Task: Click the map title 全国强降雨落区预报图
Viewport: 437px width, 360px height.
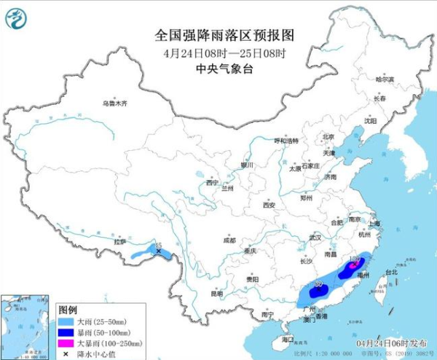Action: tap(224, 35)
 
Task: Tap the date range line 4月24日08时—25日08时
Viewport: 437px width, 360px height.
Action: tap(224, 52)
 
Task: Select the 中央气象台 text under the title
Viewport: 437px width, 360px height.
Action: tap(224, 69)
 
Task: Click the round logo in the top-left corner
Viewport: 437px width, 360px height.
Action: tap(16, 16)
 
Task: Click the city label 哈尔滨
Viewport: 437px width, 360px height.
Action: tap(384, 79)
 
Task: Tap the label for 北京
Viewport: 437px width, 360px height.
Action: tap(328, 136)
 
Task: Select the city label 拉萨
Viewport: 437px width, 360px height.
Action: tap(119, 241)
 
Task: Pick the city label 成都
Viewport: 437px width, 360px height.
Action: tap(229, 239)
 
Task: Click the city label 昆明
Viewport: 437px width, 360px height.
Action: tap(216, 294)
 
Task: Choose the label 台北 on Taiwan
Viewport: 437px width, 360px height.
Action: tap(391, 272)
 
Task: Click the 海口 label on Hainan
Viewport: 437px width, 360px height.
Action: tap(287, 339)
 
